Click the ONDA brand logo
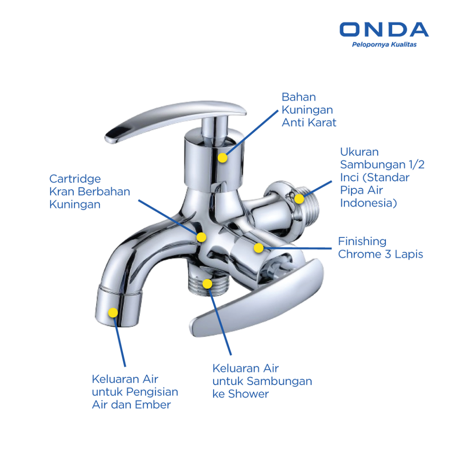tap(384, 30)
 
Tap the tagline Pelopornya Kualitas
tap(384, 45)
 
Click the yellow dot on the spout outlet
tap(113, 313)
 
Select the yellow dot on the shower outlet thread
tap(207, 284)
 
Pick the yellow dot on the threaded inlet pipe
tap(299, 199)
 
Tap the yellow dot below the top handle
tap(223, 158)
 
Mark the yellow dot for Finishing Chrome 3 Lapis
tap(259, 248)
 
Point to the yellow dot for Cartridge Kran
tap(201, 237)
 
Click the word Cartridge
tap(75, 179)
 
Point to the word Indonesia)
tap(369, 203)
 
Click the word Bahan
tap(299, 97)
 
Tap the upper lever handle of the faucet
tap(175, 120)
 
